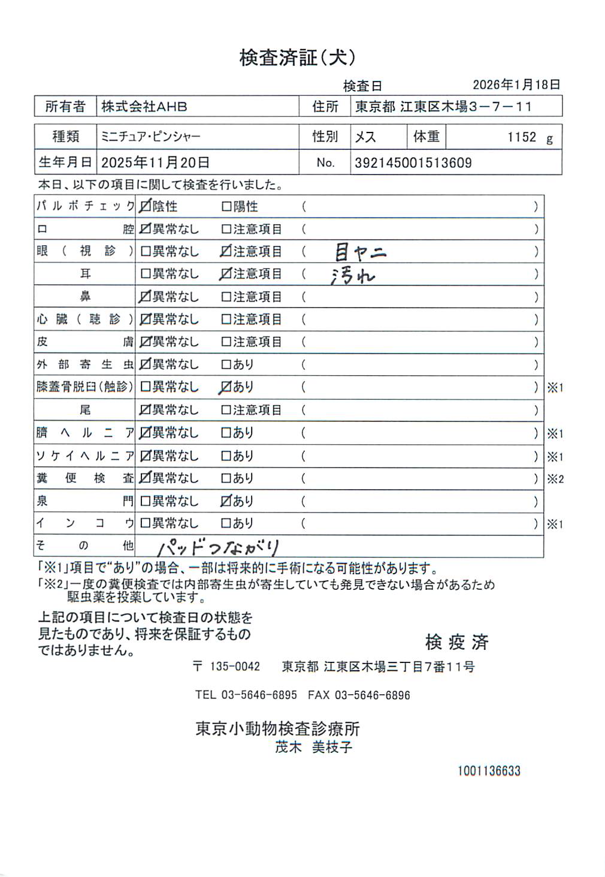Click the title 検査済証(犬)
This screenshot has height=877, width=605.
point(298,58)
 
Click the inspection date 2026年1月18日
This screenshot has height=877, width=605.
point(516,85)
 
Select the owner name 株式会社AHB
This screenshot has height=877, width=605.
point(144,107)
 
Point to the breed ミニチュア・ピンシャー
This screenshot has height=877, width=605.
point(150,137)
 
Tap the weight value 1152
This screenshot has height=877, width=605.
point(522,137)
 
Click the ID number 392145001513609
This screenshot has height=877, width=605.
point(413,162)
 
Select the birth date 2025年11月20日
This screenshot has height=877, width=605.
point(155,162)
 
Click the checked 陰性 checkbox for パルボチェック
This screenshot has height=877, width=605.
point(145,206)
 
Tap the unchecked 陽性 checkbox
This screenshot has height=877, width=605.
point(226,206)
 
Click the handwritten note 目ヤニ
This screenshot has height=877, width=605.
point(360,252)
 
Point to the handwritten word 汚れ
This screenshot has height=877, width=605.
point(353,276)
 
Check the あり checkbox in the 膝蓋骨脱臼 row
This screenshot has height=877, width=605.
point(225,387)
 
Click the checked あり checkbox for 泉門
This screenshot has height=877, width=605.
point(225,501)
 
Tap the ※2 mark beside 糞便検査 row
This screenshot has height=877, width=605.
point(555,479)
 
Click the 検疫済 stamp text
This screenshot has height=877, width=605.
point(456,642)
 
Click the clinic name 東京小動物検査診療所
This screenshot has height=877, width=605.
point(277,728)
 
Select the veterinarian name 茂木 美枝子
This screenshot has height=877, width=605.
point(313,747)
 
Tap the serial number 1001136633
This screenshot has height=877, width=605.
point(489,771)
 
